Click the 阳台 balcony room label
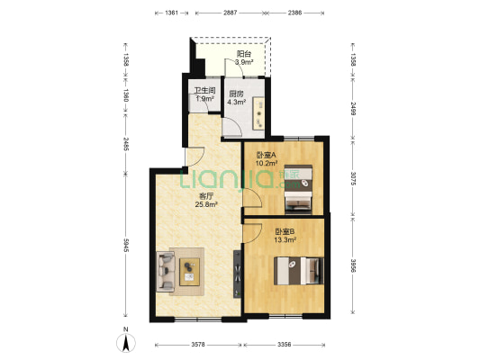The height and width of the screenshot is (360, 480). click(244, 54)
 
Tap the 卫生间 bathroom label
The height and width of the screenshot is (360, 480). click(205, 91)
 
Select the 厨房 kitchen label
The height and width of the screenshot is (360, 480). click(236, 94)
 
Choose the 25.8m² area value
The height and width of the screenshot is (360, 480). click(206, 204)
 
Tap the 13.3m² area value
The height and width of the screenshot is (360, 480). click(285, 239)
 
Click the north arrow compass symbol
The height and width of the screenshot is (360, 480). click(126, 342)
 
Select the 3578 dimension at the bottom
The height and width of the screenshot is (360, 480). click(198, 345)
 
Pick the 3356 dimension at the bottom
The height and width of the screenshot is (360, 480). click(284, 345)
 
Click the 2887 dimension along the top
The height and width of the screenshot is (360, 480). click(230, 13)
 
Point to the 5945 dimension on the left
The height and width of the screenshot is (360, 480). click(126, 246)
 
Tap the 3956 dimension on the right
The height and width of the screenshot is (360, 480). click(353, 265)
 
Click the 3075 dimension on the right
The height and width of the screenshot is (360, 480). click(353, 178)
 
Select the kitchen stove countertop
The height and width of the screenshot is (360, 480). click(258, 113)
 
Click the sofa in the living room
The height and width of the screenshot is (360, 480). click(166, 271)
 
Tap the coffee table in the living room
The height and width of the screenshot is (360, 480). click(189, 272)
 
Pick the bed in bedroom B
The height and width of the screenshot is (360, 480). click(299, 271)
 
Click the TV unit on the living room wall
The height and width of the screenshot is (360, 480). click(237, 274)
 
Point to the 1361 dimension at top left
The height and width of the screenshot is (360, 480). click(171, 13)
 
